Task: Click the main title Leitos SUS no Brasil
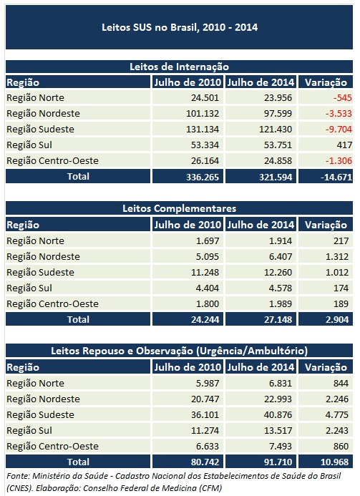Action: pyautogui.click(x=180, y=28)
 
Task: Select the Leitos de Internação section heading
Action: pyautogui.click(x=180, y=66)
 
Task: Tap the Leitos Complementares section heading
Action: pyautogui.click(x=180, y=208)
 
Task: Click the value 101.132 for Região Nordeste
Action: pyautogui.click(x=203, y=114)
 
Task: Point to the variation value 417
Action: pyautogui.click(x=336, y=145)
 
